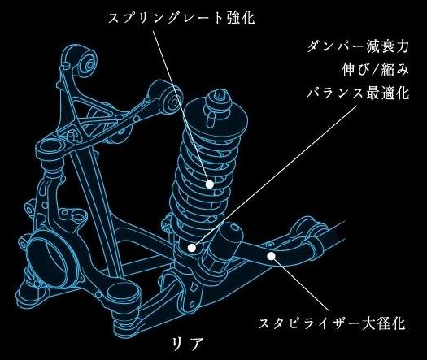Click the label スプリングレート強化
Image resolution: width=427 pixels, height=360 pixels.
click(x=181, y=19)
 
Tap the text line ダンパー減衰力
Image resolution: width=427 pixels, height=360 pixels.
click(x=358, y=47)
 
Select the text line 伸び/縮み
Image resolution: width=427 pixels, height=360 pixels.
click(x=376, y=70)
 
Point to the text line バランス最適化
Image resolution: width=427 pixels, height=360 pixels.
click(x=358, y=93)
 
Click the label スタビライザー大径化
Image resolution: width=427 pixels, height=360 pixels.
click(x=332, y=323)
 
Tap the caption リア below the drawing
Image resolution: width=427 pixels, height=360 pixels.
click(x=188, y=344)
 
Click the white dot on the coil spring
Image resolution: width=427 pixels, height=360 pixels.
click(x=209, y=184)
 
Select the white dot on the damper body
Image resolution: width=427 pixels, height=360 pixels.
click(x=192, y=248)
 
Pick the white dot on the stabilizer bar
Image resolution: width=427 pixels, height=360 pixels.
click(x=271, y=256)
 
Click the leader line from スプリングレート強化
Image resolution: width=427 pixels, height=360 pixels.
click(x=181, y=106)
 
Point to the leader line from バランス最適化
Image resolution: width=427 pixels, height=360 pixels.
click(x=276, y=175)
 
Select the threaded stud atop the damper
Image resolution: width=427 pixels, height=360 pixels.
click(x=220, y=94)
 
